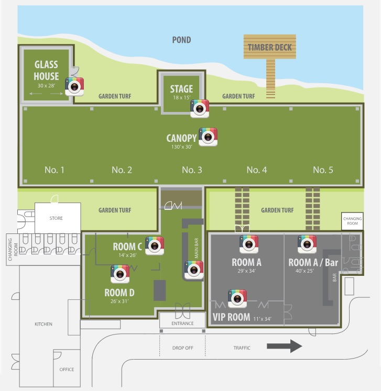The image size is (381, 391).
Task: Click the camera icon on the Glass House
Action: [74, 86]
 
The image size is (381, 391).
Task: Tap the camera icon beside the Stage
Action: [200, 108]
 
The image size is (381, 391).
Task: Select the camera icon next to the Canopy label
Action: [208, 137]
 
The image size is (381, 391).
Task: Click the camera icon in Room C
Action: [155, 245]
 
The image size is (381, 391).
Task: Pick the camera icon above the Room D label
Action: [120, 274]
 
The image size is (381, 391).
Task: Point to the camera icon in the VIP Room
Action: [237, 298]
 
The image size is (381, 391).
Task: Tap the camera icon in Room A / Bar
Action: [307, 244]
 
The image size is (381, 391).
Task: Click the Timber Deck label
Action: [270, 48]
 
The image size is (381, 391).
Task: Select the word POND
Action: [182, 40]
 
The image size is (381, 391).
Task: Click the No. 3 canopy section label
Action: [192, 170]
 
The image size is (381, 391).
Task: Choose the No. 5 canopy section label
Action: [323, 170]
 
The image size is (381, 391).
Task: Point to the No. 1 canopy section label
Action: [55, 170]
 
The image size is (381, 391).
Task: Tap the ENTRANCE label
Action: [183, 323]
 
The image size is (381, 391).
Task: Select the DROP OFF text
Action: [182, 348]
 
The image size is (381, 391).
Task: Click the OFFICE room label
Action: [67, 370]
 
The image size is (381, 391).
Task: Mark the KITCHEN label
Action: [43, 325]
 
